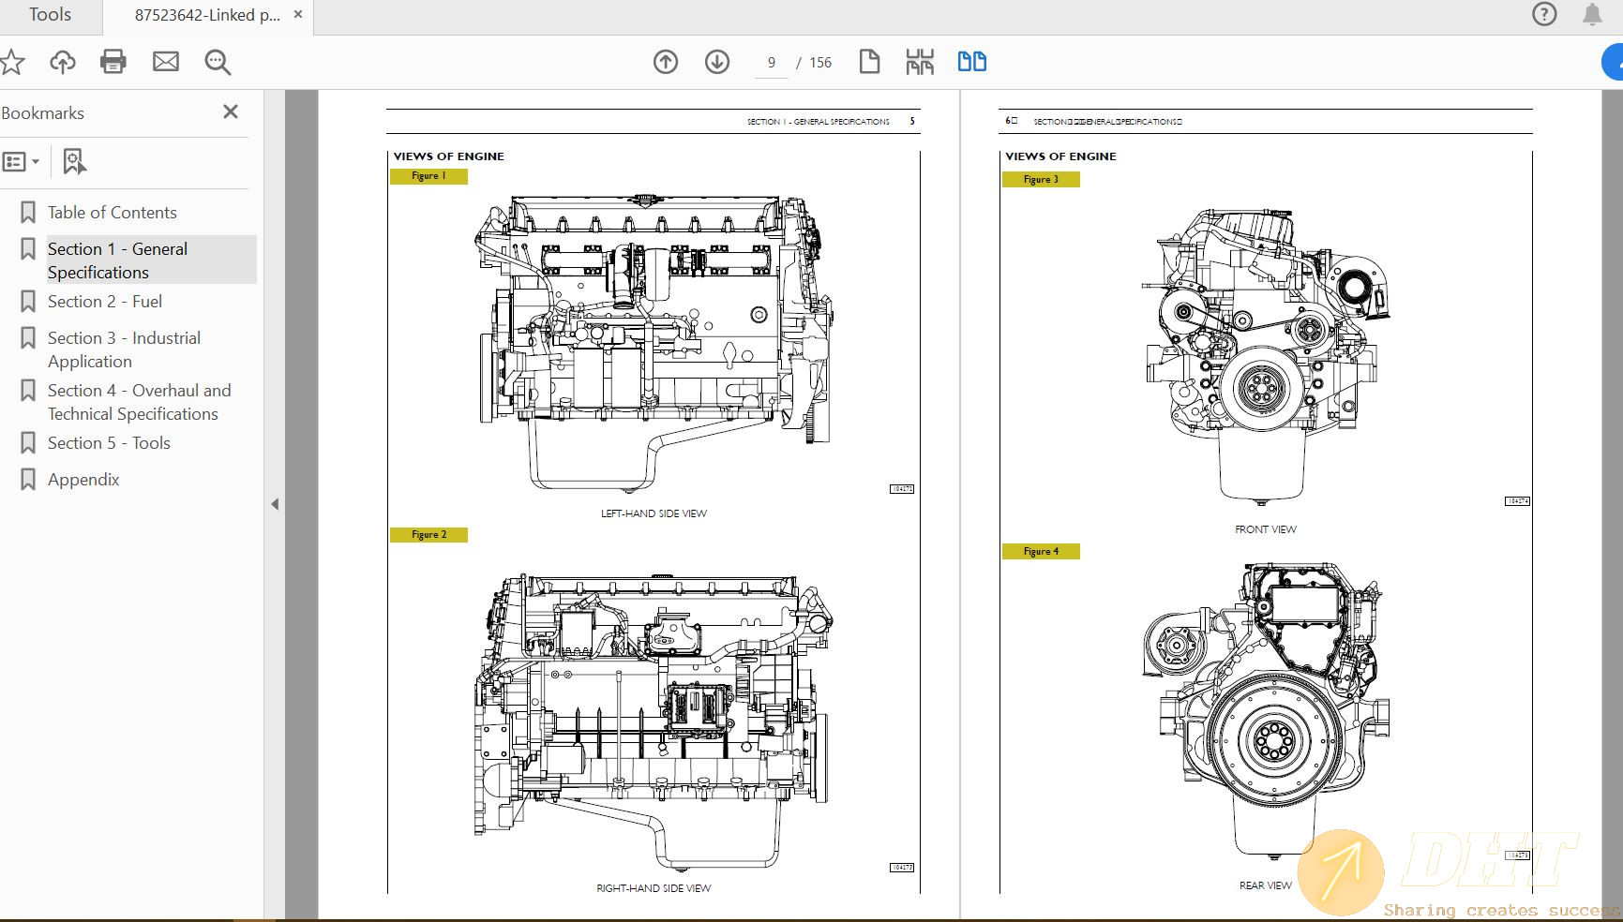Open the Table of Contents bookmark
(112, 213)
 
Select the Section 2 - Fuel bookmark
(104, 302)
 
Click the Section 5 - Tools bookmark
(109, 443)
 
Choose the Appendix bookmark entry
(83, 480)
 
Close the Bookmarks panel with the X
(231, 112)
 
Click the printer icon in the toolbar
(113, 62)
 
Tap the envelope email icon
(166, 62)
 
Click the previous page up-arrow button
(666, 62)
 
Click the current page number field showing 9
(772, 63)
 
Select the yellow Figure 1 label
(428, 176)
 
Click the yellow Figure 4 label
(1041, 552)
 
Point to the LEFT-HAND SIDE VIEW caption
(654, 513)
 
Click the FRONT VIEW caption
(1265, 529)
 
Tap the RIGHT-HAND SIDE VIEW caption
(654, 888)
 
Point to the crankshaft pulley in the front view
(1256, 386)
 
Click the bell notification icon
(1592, 14)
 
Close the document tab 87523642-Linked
(298, 15)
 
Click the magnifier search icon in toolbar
(218, 62)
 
